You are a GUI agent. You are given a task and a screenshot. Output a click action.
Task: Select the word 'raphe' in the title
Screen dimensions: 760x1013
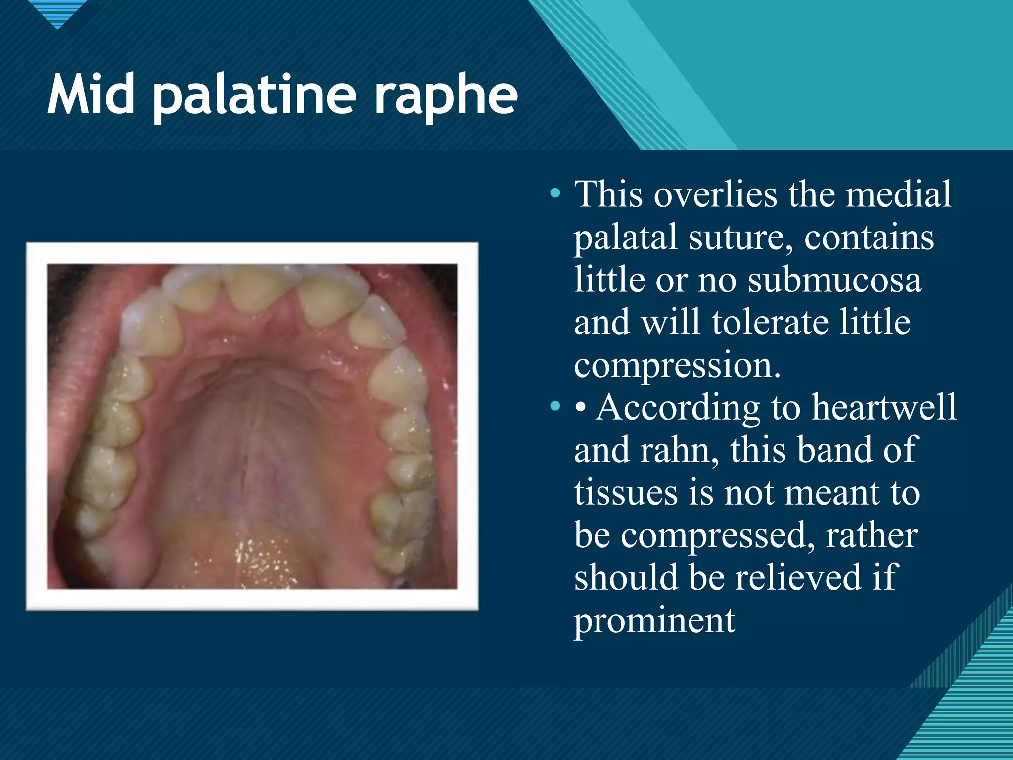tap(445, 96)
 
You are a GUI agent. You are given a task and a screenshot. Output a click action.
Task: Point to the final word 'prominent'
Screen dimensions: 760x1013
tap(654, 620)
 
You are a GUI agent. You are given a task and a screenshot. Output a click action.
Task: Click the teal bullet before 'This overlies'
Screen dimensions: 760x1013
tap(555, 193)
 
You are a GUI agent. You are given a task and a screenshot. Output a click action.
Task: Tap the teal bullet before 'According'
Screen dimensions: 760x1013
tap(555, 407)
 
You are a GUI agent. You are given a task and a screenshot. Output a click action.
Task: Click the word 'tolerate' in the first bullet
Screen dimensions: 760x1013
tap(769, 323)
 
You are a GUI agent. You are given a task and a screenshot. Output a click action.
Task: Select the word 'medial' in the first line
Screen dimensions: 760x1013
tap(898, 194)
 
